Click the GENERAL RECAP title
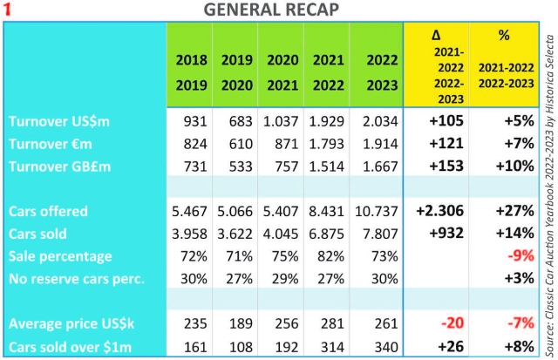(x=271, y=10)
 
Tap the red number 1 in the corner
(x=8, y=10)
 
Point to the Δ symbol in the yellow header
(x=436, y=36)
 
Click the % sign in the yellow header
(x=502, y=36)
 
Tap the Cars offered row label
(x=50, y=211)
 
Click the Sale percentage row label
(x=60, y=255)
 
